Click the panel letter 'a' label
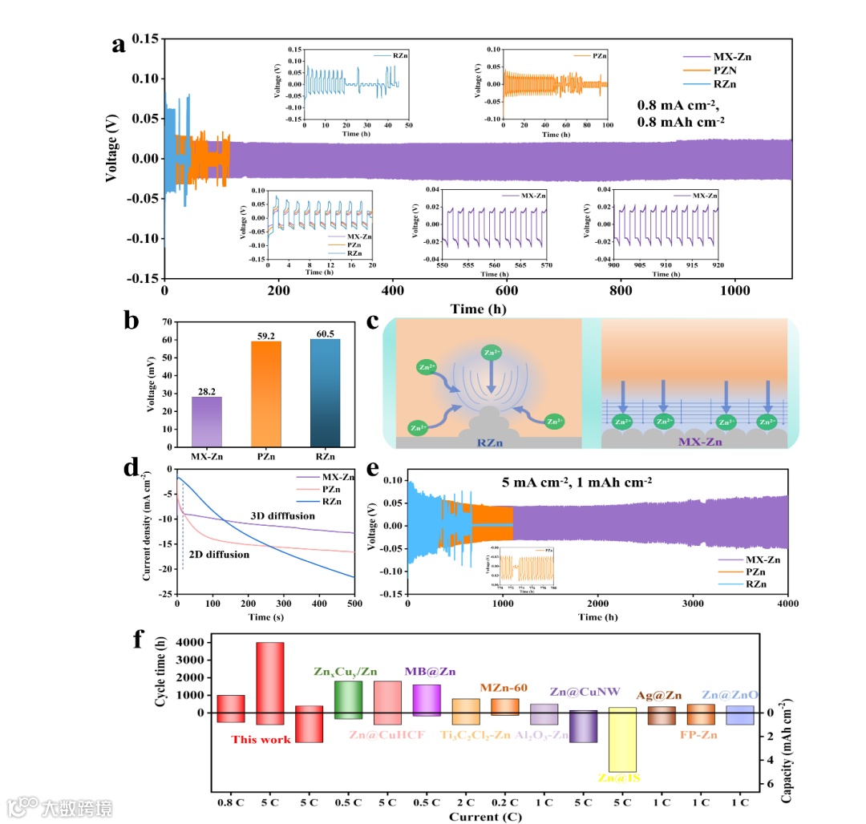119,45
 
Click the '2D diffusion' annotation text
220,554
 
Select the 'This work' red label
261,739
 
